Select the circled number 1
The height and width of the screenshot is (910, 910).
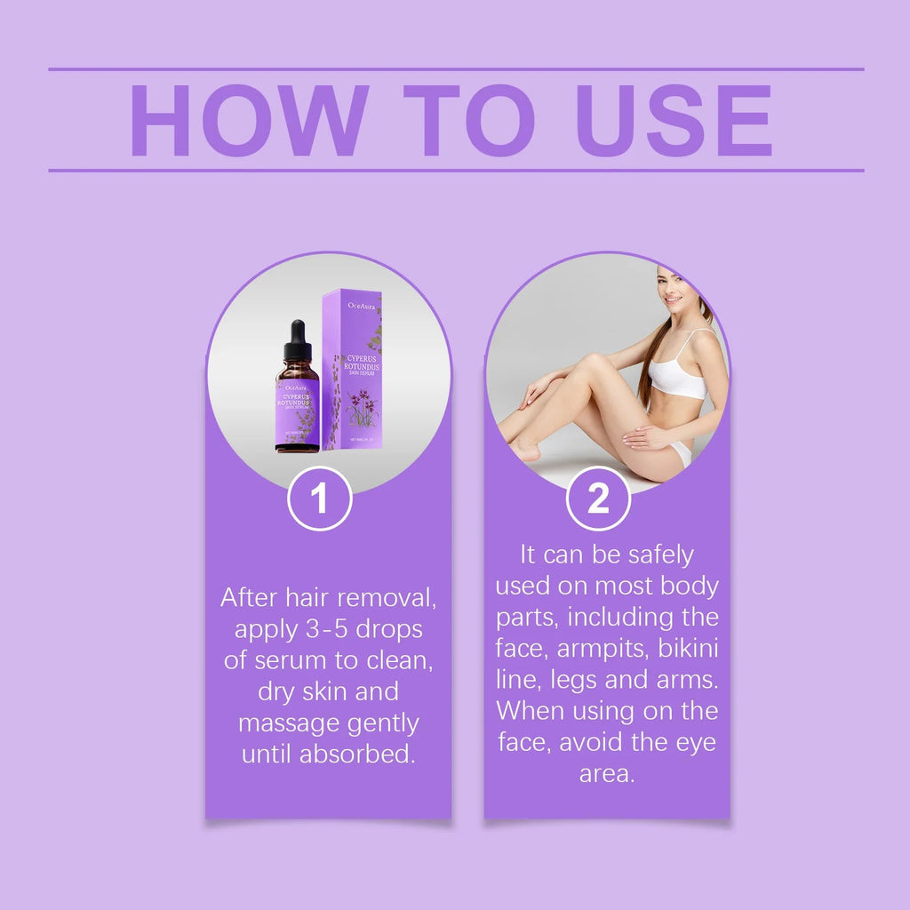[320, 499]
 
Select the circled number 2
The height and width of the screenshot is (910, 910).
[598, 499]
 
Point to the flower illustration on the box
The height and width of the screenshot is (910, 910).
[363, 409]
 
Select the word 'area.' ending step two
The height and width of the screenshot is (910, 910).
[607, 773]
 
